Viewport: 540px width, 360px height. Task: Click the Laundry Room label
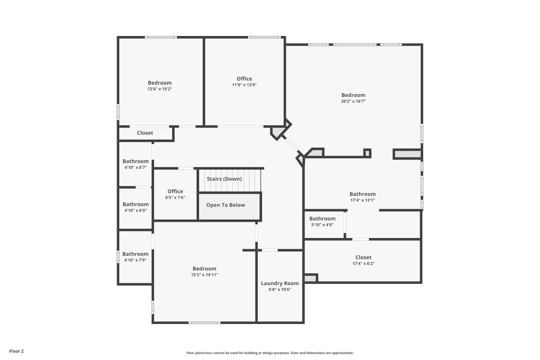click(280, 283)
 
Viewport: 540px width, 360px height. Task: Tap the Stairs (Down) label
click(224, 179)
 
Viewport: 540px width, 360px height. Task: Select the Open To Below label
click(225, 205)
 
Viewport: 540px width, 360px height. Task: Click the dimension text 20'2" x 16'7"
click(353, 102)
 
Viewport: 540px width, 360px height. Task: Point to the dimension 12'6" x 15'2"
click(159, 89)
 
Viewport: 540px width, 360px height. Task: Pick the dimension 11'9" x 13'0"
click(244, 85)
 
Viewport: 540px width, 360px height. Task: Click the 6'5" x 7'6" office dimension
click(175, 198)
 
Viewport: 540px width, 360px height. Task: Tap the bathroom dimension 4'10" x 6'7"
click(135, 167)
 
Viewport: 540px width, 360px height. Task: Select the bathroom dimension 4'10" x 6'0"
click(135, 211)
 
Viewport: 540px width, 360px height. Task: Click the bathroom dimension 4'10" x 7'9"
click(135, 260)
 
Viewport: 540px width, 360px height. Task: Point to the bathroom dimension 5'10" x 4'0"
click(322, 225)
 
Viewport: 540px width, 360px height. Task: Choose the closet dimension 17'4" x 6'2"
click(363, 264)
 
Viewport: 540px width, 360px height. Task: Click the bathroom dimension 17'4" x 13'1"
click(363, 200)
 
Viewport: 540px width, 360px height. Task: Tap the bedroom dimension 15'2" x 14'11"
click(204, 275)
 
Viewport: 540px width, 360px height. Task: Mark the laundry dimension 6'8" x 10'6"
click(280, 289)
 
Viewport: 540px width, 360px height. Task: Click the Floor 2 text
click(16, 351)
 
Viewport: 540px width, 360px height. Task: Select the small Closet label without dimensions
click(145, 133)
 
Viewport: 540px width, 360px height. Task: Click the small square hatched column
click(367, 153)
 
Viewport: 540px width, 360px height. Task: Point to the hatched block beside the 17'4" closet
click(310, 278)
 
